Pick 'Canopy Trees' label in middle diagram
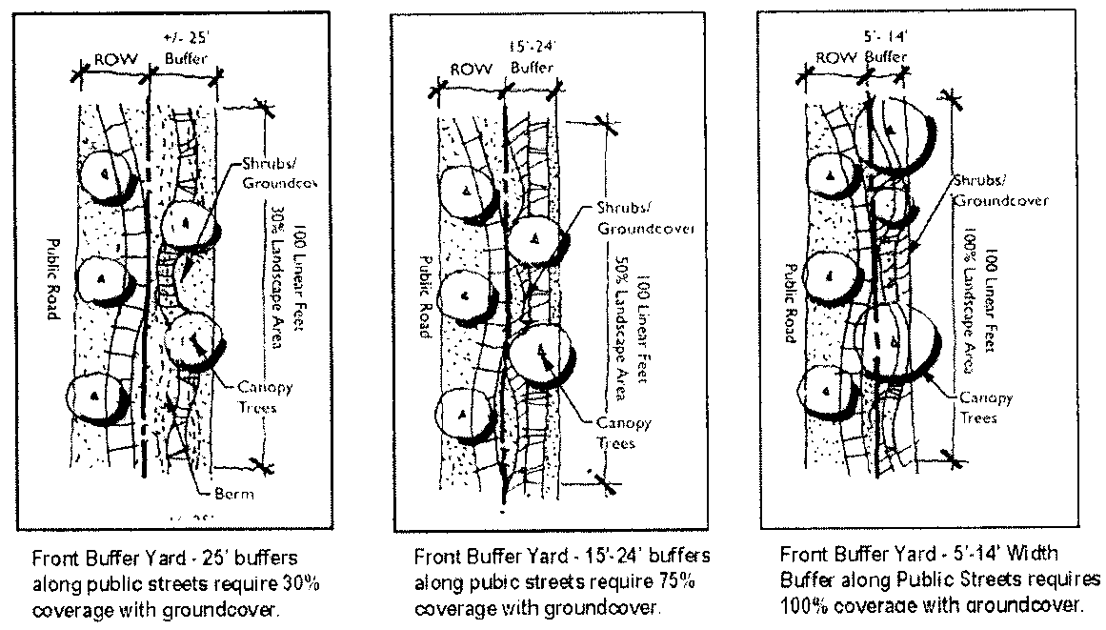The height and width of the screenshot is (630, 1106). pyautogui.click(x=615, y=433)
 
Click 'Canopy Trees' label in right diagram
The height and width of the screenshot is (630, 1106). pyautogui.click(x=984, y=407)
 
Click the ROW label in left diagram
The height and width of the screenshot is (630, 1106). pyautogui.click(x=111, y=59)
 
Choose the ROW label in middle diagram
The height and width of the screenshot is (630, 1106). pyautogui.click(x=471, y=69)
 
